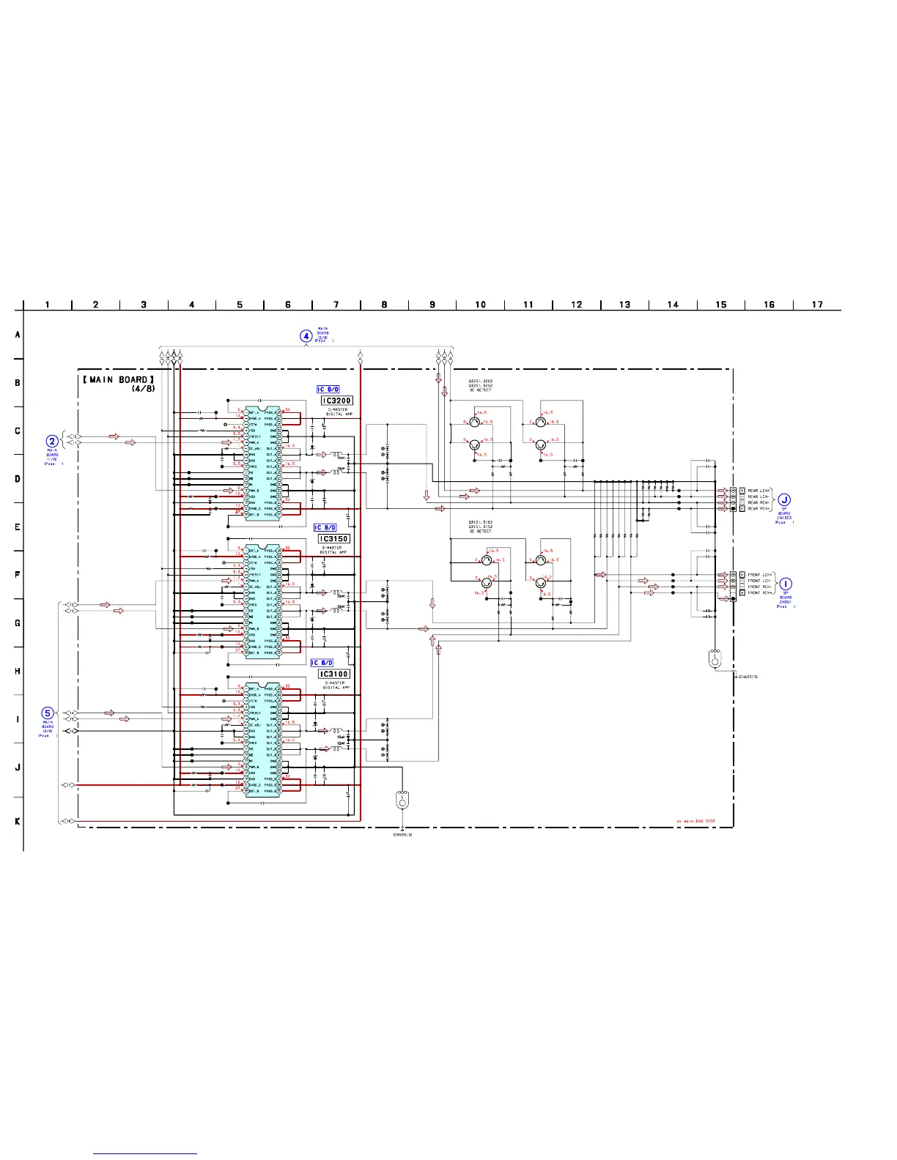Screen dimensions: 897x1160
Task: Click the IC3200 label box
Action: [337, 401]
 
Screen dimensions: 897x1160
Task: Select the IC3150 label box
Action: [334, 539]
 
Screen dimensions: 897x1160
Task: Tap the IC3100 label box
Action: [334, 674]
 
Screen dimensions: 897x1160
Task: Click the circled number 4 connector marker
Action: [306, 336]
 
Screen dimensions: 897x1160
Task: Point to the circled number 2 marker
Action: [52, 441]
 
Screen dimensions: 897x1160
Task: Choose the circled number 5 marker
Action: [48, 713]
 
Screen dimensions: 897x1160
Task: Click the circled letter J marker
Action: [784, 500]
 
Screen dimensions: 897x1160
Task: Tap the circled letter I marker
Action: [785, 584]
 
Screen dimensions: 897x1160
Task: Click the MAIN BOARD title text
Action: [118, 379]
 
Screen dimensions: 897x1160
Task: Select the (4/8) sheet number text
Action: [143, 388]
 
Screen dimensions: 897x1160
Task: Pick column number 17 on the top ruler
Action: [817, 305]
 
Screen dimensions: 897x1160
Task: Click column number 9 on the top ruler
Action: [432, 305]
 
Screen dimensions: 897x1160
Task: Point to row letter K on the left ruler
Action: [18, 821]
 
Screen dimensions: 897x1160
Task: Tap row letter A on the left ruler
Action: [18, 335]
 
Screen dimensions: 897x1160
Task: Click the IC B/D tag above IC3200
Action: [328, 390]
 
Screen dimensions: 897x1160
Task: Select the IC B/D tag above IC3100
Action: [322, 663]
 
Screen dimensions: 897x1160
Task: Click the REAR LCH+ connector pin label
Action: [758, 491]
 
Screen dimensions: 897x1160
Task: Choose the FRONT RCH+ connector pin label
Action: [760, 592]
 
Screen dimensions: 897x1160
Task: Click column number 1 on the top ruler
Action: [48, 305]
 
